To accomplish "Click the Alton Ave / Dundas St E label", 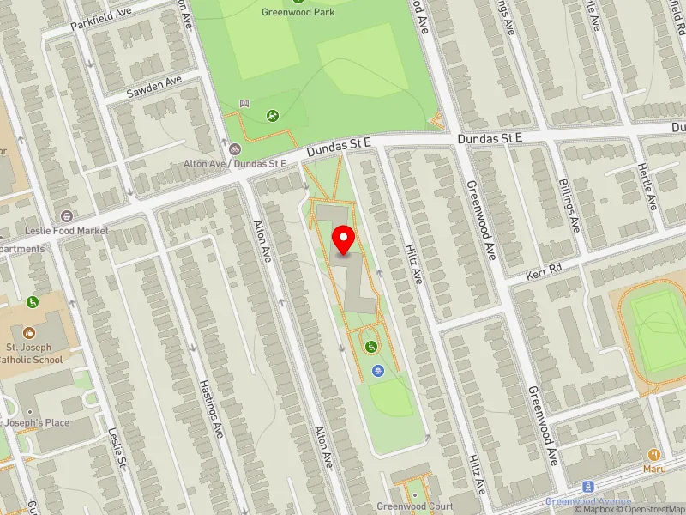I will coord(235,163).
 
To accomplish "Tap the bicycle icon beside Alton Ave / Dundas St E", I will coord(234,148).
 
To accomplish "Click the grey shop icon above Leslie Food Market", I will coord(67,215).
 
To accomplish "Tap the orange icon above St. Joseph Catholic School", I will coord(30,332).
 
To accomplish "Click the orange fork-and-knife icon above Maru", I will coord(653,454).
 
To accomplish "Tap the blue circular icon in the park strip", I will coord(378,370).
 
